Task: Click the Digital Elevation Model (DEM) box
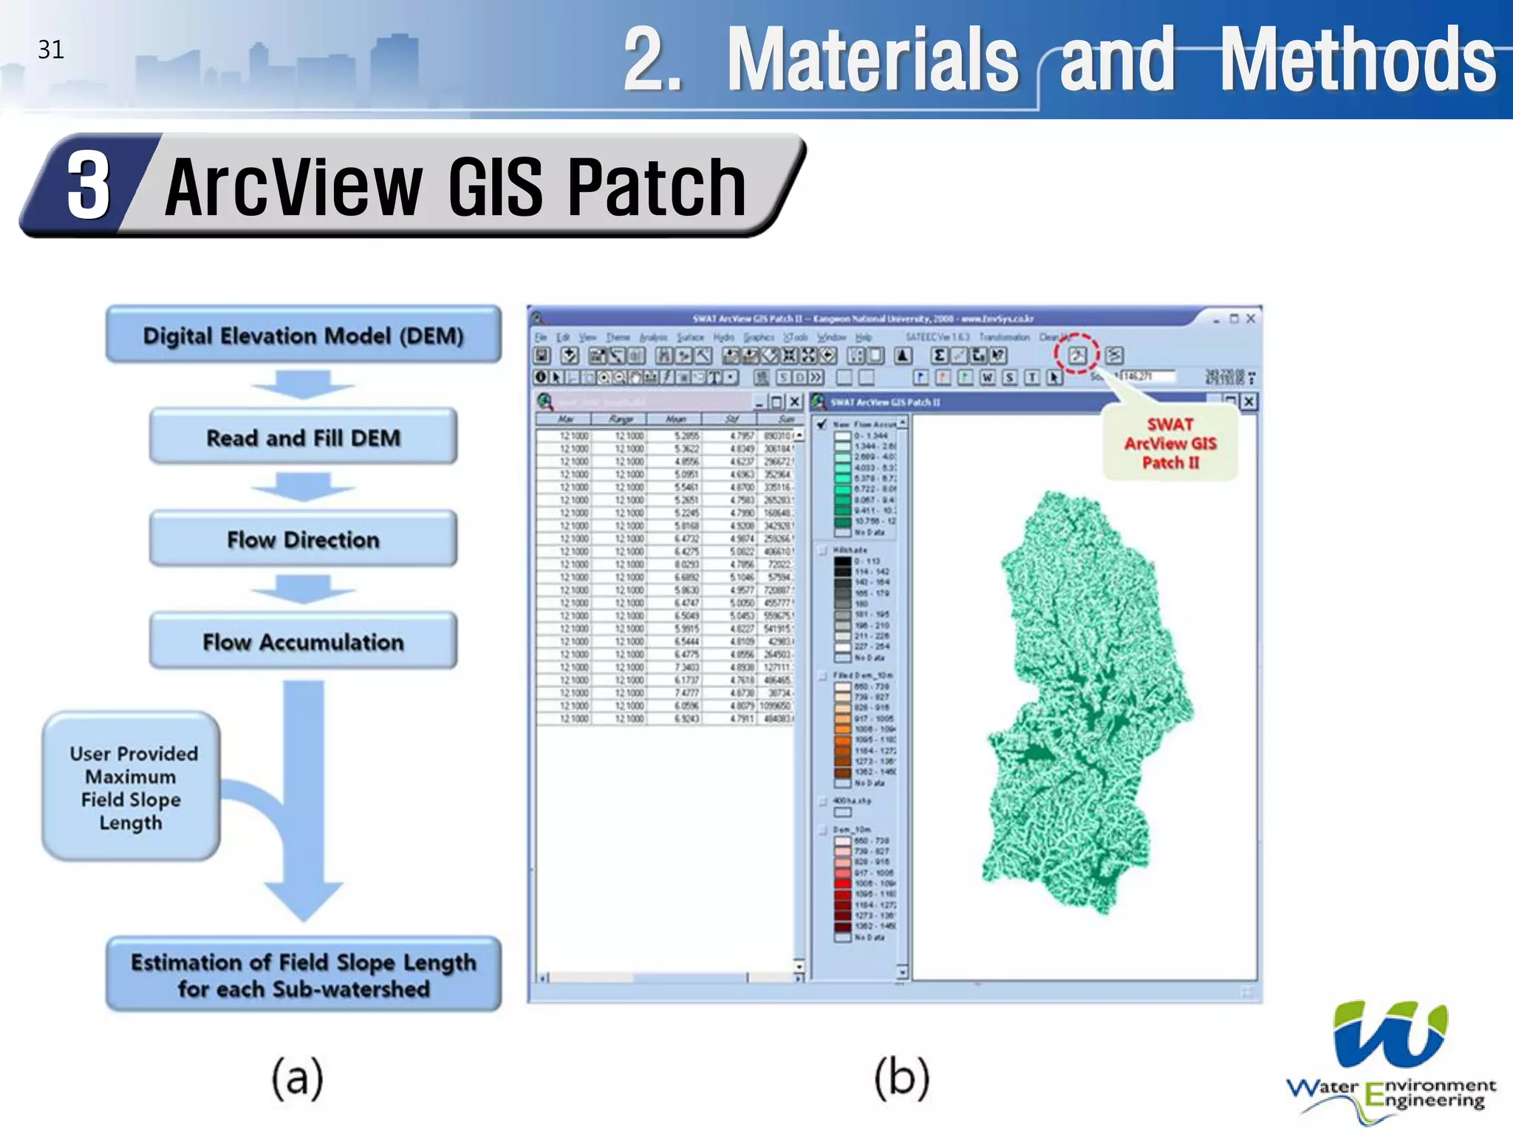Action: [x=303, y=335]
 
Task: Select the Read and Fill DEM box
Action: [x=303, y=437]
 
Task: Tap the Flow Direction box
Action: [x=303, y=539]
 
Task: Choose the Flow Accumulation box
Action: [x=303, y=641]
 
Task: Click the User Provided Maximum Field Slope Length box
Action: [x=132, y=787]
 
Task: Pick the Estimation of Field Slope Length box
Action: [x=303, y=975]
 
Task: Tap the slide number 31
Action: [x=51, y=50]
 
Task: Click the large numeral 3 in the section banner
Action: [x=89, y=186]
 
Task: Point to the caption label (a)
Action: [x=297, y=1077]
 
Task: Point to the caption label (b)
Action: [x=901, y=1077]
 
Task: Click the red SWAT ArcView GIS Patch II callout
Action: [x=1170, y=443]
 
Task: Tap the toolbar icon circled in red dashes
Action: [x=1076, y=355]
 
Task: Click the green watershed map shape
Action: [x=1086, y=702]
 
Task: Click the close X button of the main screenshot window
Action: [x=1251, y=318]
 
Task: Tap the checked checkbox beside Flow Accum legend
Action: [x=822, y=424]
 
